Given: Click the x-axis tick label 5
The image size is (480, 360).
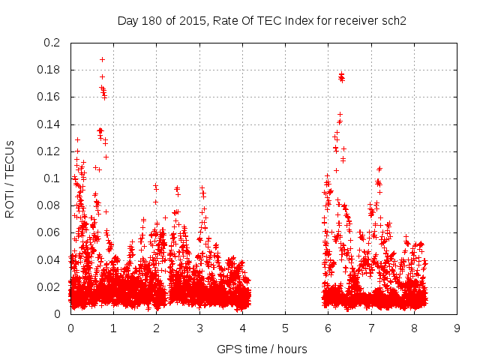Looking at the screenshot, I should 286,328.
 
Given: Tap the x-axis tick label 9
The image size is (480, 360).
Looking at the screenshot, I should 457,328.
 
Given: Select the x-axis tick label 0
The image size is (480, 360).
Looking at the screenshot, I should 70,328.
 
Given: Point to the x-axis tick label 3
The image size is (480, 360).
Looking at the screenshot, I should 199,328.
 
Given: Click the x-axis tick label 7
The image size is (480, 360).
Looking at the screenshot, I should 371,328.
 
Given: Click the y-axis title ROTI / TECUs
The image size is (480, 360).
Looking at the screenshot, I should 10,178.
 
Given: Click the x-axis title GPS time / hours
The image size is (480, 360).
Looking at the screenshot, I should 262,349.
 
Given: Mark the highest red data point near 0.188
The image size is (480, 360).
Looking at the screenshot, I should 102,59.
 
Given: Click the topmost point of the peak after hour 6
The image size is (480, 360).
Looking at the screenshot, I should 341,74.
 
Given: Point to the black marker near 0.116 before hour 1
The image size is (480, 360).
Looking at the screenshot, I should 106,157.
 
